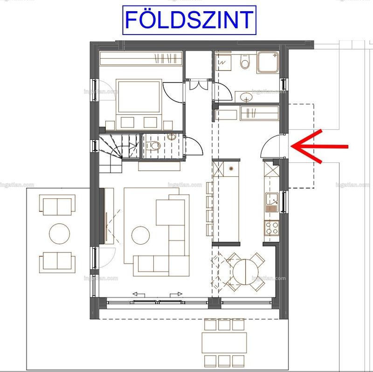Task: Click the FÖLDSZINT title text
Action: [x=189, y=20]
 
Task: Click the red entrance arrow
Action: [x=319, y=147]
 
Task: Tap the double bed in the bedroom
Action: [x=139, y=105]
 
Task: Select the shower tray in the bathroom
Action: [x=268, y=62]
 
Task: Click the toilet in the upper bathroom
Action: [x=244, y=61]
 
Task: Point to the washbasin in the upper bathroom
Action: [x=247, y=97]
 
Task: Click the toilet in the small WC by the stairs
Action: [x=153, y=146]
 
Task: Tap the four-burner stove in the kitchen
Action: [x=271, y=228]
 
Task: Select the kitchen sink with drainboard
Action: [x=272, y=203]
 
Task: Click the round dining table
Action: [x=246, y=272]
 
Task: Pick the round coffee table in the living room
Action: [x=141, y=235]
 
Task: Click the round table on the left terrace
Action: [x=60, y=233]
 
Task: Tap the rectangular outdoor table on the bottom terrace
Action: [x=224, y=343]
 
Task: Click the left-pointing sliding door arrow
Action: [x=138, y=295]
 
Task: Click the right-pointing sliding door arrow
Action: [x=176, y=295]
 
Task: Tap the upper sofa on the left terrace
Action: [x=57, y=205]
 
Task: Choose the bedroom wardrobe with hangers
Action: [x=141, y=58]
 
